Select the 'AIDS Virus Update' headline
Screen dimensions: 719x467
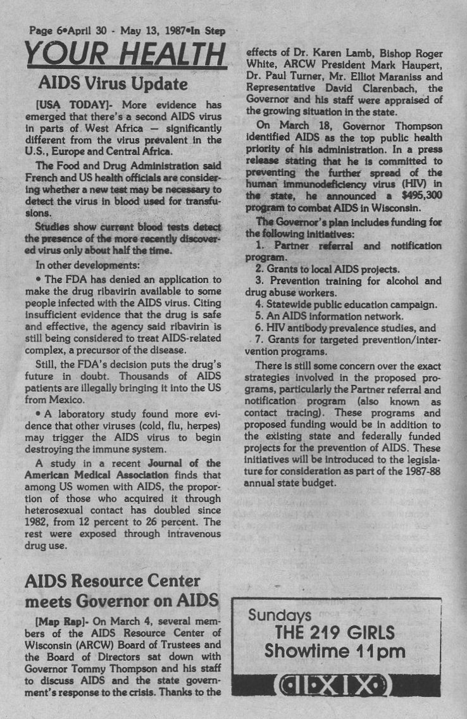(113, 84)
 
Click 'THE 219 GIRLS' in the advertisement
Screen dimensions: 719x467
(335, 632)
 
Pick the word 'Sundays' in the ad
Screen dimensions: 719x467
(280, 615)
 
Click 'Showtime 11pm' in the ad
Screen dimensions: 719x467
(335, 651)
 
